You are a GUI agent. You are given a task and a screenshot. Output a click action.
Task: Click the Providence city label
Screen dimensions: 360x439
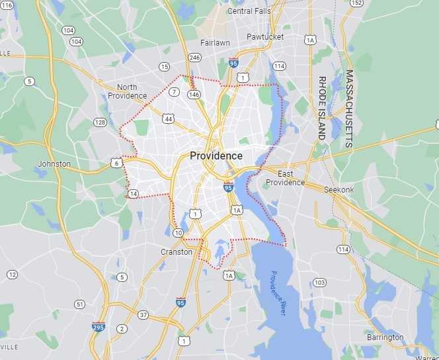coord(216,156)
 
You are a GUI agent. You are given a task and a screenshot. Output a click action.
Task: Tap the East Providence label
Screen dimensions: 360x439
coord(285,178)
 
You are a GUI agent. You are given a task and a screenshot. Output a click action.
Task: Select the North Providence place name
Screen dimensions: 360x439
coord(132,91)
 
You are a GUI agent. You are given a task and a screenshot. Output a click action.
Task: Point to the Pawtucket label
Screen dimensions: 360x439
coord(264,37)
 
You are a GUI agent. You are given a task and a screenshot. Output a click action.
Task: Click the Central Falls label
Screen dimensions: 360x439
coord(249,11)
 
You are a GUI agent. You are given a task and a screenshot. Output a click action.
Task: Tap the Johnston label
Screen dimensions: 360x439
coord(54,163)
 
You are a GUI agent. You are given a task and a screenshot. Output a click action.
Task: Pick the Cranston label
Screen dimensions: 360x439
coord(177,252)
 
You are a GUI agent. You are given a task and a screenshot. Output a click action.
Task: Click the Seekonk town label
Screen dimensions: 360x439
coord(340,190)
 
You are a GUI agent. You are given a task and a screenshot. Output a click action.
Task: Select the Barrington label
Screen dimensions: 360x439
coord(385,337)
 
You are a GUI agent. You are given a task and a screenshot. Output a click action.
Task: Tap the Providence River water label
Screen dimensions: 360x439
coord(278,292)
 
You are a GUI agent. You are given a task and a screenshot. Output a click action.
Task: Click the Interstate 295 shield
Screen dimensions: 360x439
coord(98,326)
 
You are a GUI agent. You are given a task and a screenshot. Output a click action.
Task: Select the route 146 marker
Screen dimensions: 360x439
coord(193,95)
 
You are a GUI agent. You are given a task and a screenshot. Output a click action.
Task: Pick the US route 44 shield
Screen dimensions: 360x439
coord(169,119)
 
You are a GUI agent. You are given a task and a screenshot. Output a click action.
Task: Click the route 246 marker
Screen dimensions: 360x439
coord(194,58)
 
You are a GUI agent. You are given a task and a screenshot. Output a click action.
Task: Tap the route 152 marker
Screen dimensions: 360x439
coord(357,3)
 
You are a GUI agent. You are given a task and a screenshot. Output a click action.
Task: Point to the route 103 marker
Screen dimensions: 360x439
coord(319,283)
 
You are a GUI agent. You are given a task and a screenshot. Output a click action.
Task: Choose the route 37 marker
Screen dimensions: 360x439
coord(143,314)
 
